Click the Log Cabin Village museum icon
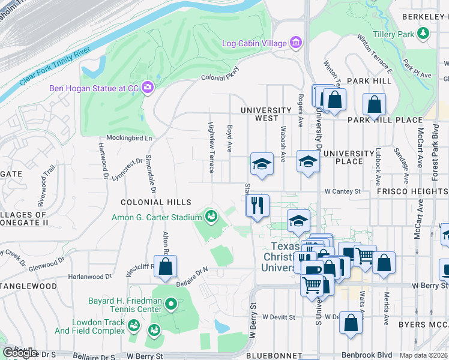click(295, 43)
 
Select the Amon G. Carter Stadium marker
click(211, 215)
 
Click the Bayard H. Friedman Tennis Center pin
click(171, 305)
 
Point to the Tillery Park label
click(393, 34)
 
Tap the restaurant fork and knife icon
click(258, 206)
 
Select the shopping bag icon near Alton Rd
click(166, 266)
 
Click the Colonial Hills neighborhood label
click(155, 203)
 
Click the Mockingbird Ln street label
click(130, 137)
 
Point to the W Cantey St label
click(342, 191)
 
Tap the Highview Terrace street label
click(211, 148)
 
